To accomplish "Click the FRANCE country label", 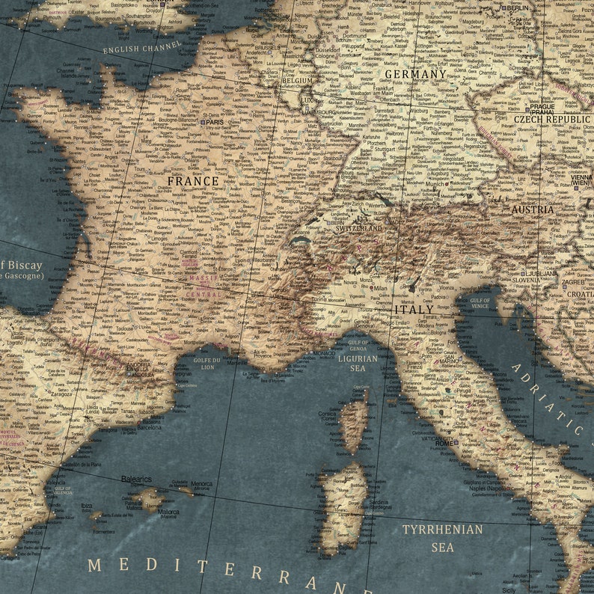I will (x=193, y=181).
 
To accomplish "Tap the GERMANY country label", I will (x=414, y=74).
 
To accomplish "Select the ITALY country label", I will (x=413, y=308).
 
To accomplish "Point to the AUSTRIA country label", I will (x=533, y=209).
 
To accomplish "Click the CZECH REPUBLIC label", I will (x=552, y=119).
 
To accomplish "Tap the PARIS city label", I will (x=215, y=122).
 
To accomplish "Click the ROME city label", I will (x=444, y=443).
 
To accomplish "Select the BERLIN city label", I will (x=518, y=7).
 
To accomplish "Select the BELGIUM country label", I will (x=297, y=80).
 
